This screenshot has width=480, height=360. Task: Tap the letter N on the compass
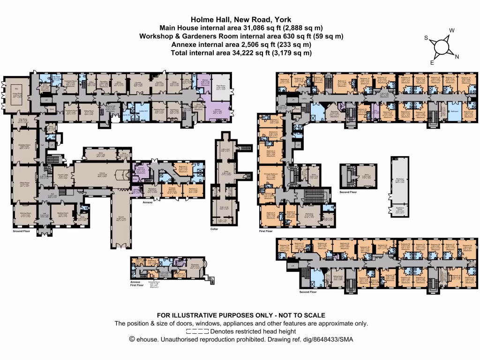click(x=457, y=57)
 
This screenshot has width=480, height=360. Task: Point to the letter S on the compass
click(x=427, y=38)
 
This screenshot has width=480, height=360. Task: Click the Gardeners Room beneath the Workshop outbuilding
click(x=399, y=210)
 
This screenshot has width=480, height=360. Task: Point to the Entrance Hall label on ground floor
click(x=111, y=107)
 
